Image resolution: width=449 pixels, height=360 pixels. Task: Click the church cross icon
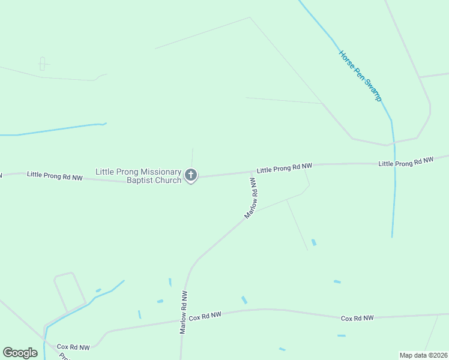coord(191,176)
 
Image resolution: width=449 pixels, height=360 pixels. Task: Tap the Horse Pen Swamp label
coord(360,76)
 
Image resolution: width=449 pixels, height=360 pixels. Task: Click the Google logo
coord(20,353)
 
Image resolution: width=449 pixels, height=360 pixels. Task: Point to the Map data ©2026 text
coord(423,355)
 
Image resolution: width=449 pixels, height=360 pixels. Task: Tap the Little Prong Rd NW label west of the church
coord(53,175)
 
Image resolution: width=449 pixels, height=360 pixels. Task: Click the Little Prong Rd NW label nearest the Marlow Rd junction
coord(285,169)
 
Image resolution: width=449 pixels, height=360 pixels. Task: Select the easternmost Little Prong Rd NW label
coord(406,162)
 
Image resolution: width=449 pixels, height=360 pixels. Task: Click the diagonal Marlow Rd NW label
coord(251,197)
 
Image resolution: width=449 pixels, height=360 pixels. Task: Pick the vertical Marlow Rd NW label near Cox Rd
coord(184,312)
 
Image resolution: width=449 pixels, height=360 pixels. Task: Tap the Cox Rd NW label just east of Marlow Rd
coord(205,316)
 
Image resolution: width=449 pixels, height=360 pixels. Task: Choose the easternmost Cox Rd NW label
coord(357,318)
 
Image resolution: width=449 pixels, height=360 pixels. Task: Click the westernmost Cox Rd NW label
coord(73,347)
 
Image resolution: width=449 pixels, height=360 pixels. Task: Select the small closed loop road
coord(70,292)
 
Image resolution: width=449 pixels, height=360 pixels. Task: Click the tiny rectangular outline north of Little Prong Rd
coord(43,64)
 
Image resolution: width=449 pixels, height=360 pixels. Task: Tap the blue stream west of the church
coord(54,130)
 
